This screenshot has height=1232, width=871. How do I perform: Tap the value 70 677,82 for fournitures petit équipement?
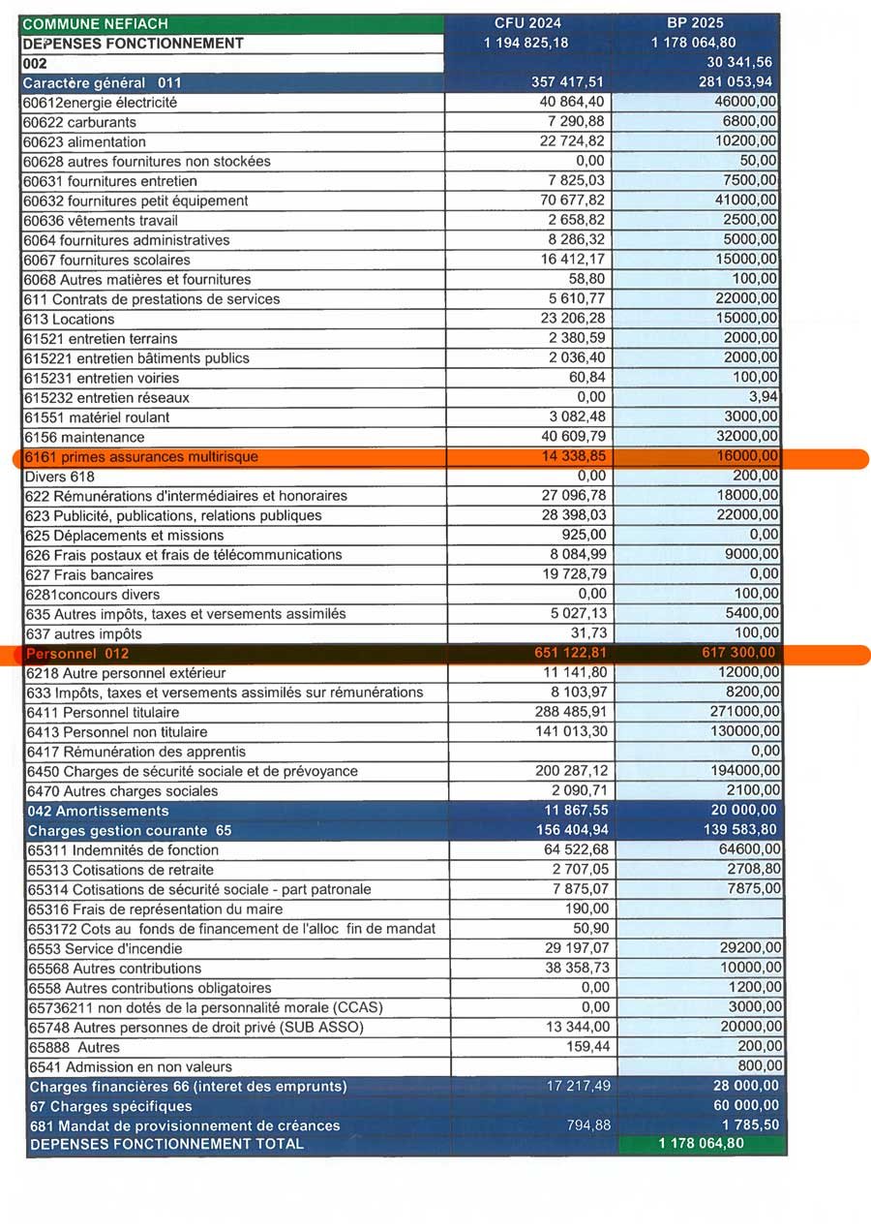573,200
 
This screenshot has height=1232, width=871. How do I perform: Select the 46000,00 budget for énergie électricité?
745,102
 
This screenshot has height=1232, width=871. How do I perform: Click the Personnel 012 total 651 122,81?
570,654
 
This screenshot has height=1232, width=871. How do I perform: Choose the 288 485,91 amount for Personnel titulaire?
571,712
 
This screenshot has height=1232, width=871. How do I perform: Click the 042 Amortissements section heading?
99,811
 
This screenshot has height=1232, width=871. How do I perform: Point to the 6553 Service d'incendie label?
106,948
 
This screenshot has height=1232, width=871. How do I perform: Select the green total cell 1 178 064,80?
702,1144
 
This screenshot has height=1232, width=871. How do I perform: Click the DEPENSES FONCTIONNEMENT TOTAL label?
166,1144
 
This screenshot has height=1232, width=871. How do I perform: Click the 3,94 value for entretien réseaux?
763,397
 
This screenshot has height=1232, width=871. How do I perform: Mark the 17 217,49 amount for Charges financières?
579,1086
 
